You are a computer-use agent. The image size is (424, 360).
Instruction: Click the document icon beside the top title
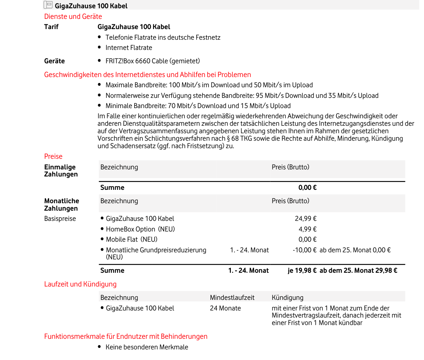tap(48, 5)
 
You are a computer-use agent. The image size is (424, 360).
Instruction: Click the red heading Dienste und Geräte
tap(73, 17)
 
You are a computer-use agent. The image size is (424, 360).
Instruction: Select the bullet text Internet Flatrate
tap(129, 48)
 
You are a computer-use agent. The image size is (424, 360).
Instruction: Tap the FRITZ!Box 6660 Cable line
tap(153, 61)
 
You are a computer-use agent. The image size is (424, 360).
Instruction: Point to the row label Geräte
tap(55, 61)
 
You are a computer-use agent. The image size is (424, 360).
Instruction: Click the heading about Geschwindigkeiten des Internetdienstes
tap(148, 75)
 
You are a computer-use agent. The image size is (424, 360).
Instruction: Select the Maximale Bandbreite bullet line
tap(209, 85)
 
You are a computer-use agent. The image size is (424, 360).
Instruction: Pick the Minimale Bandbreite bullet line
tap(198, 106)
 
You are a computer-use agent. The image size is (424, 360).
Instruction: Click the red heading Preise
tap(53, 156)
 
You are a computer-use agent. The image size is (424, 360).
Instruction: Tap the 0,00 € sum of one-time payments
tap(307, 187)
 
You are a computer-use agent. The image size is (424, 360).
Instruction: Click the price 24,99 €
tap(306, 219)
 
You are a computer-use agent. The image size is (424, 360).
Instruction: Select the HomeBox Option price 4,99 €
tap(307, 229)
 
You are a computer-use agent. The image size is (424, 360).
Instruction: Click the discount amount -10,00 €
tap(305, 250)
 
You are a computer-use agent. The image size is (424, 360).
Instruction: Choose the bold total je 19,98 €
tap(302, 270)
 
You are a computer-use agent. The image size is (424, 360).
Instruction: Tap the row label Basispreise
tap(60, 219)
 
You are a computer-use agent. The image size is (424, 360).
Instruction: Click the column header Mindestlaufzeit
tap(232, 298)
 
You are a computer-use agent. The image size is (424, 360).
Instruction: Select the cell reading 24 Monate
tap(225, 308)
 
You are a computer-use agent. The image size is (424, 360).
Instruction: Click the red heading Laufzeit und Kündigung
tap(80, 284)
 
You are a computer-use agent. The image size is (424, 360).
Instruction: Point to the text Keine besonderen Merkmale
tap(147, 347)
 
